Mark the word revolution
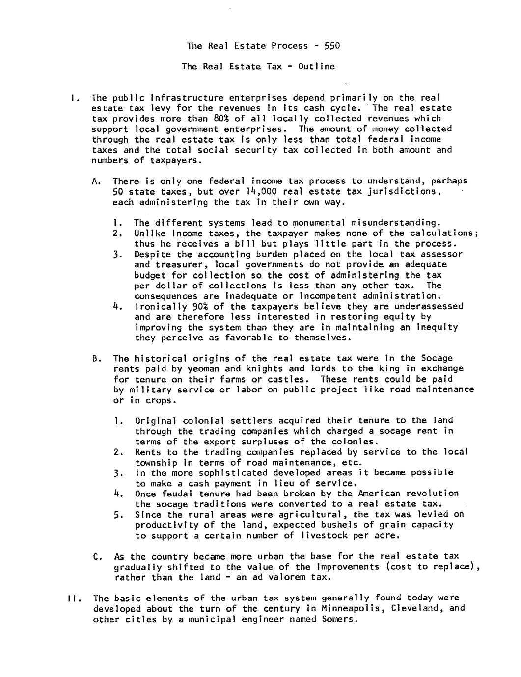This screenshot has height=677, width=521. pos(432,494)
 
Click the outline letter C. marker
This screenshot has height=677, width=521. pos(97,557)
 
